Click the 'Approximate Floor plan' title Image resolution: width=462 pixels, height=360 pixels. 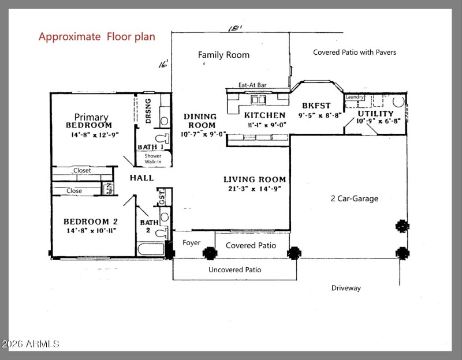pyautogui.click(x=96, y=37)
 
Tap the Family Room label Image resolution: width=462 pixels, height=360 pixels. pyautogui.click(x=223, y=55)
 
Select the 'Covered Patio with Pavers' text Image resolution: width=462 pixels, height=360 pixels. pyautogui.click(x=355, y=52)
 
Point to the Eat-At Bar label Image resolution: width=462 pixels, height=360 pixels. pyautogui.click(x=252, y=85)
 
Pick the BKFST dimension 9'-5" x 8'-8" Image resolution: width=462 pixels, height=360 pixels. pyautogui.click(x=320, y=115)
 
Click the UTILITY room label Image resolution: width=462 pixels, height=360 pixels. pyautogui.click(x=375, y=114)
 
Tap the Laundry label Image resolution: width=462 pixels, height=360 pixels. pyautogui.click(x=355, y=97)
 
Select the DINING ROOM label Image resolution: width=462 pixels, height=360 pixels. pyautogui.click(x=200, y=121)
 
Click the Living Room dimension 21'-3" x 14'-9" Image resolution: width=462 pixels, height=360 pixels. pyautogui.click(x=255, y=189)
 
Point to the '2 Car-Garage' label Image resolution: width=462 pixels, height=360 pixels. pyautogui.click(x=354, y=198)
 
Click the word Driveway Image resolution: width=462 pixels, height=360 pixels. pyautogui.click(x=346, y=287)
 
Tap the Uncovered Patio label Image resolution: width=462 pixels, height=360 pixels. pyautogui.click(x=234, y=269)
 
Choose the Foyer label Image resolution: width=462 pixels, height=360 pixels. pyautogui.click(x=192, y=243)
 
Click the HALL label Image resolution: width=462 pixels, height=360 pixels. pyautogui.click(x=141, y=178)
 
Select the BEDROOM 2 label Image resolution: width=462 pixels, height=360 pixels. pyautogui.click(x=91, y=222)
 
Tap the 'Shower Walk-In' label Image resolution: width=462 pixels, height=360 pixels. pyautogui.click(x=153, y=159)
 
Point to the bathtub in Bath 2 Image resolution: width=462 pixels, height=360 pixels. pyautogui.click(x=151, y=249)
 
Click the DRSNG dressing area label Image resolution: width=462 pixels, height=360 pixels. pyautogui.click(x=148, y=110)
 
